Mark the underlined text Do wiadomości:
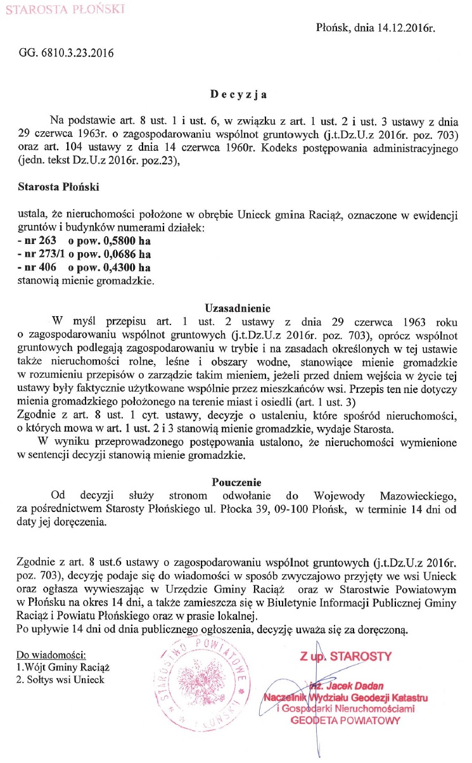[x=51, y=653]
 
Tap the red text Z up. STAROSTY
[x=346, y=655]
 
